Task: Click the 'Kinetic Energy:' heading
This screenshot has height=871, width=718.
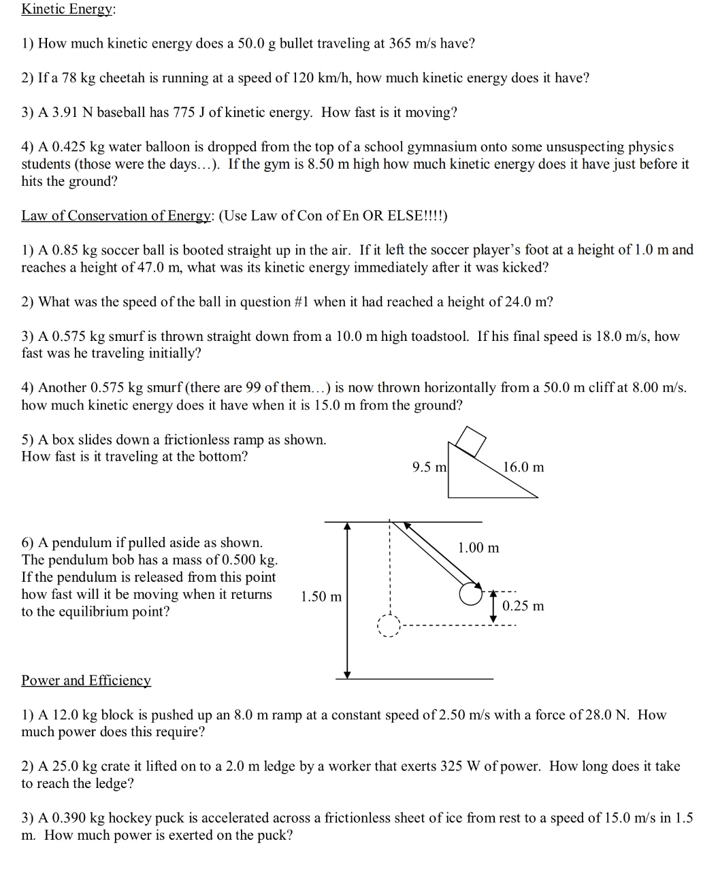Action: pos(68,10)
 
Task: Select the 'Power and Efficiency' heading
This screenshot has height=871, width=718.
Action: pos(86,680)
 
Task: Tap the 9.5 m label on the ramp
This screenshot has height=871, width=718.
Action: pos(429,467)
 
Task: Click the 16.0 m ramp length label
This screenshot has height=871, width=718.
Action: pos(523,467)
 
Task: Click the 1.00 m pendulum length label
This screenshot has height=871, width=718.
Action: pos(478,548)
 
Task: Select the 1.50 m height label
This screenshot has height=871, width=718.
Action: pos(321,597)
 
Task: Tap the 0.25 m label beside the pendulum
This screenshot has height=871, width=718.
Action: pos(523,606)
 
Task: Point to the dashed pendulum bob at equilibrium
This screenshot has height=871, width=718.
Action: pos(389,625)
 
